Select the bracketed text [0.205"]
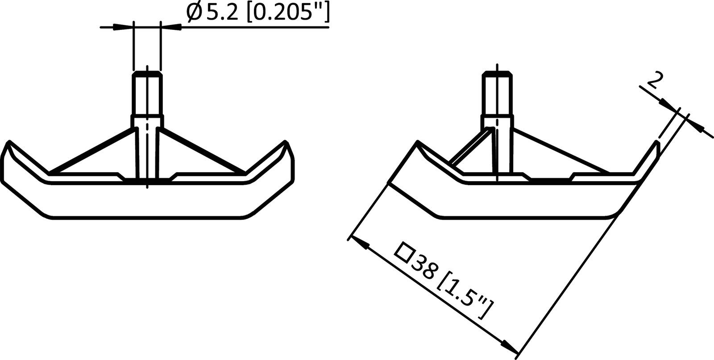click(286, 14)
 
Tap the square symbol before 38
click(405, 251)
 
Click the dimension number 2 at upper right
click(653, 82)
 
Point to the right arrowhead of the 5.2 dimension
click(171, 27)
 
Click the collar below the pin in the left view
click(147, 121)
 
